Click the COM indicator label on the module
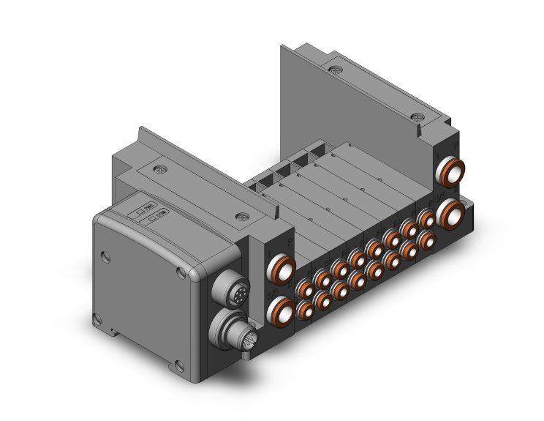[x=157, y=216]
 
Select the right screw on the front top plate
[x=242, y=217]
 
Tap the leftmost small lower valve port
[x=305, y=310]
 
